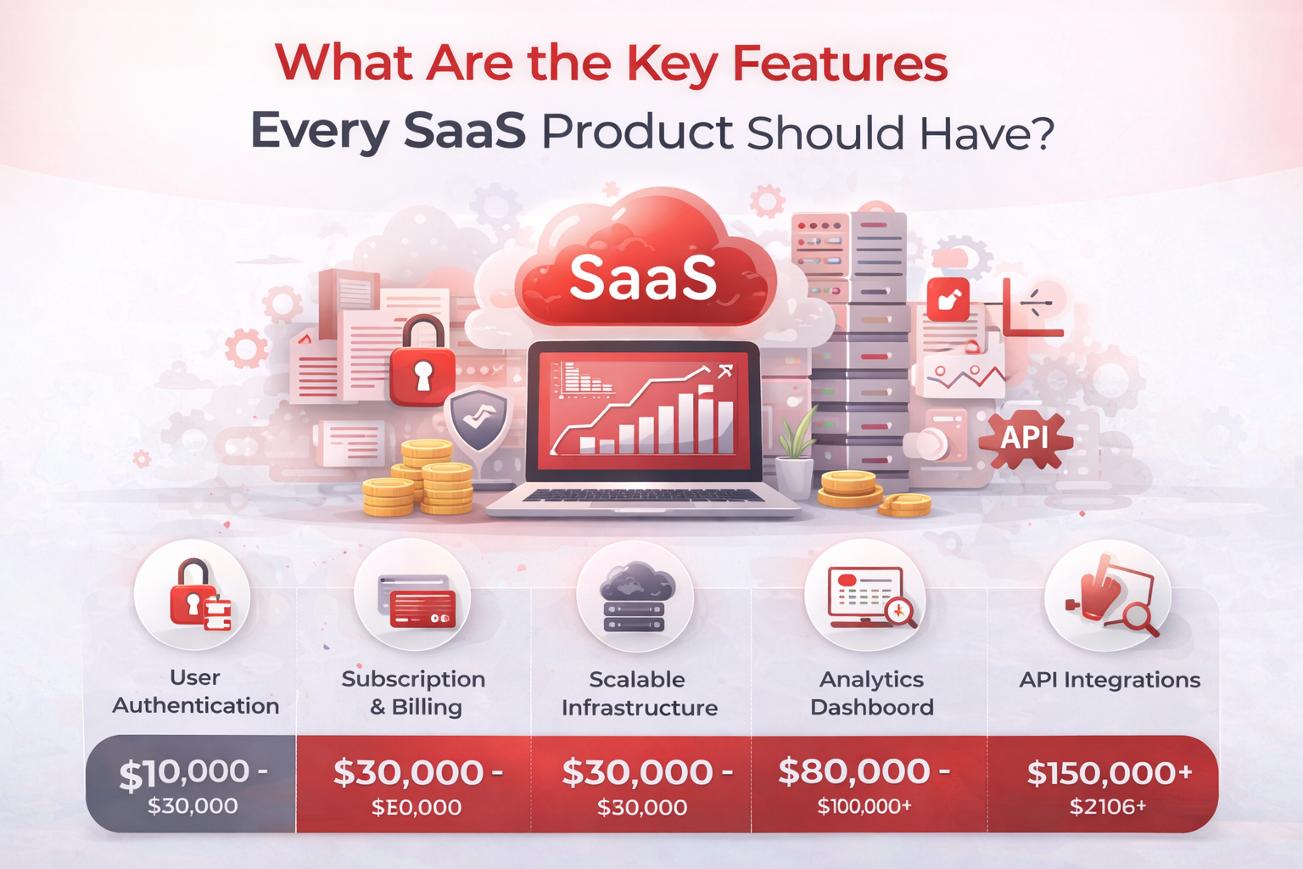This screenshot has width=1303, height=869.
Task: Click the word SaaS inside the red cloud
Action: click(643, 278)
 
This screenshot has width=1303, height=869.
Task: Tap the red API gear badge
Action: click(1025, 438)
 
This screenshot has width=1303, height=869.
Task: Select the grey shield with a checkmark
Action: click(478, 419)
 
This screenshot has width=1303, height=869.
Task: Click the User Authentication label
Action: click(195, 692)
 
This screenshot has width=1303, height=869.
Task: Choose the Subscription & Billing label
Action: click(414, 692)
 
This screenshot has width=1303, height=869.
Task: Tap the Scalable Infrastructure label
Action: click(639, 693)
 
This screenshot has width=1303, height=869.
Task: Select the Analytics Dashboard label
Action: click(871, 692)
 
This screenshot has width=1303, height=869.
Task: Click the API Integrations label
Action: click(1110, 680)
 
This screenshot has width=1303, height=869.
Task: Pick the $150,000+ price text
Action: click(1110, 773)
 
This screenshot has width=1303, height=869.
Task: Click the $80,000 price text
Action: click(864, 771)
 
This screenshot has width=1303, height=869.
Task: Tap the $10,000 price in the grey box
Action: click(193, 773)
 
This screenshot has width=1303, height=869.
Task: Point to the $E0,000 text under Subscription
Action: click(417, 807)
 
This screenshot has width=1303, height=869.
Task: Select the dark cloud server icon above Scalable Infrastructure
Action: click(635, 599)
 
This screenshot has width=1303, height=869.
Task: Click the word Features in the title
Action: click(839, 64)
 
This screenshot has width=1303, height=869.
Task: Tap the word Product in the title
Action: click(636, 133)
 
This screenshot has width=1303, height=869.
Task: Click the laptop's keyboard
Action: click(642, 496)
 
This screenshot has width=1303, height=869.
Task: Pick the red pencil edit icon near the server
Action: click(948, 299)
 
